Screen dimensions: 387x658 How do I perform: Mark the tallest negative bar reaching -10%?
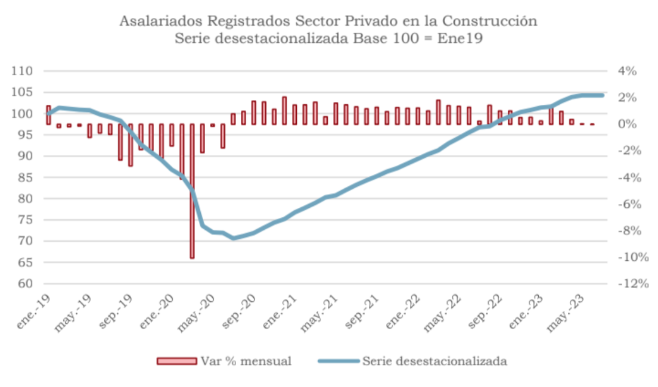pos(192,191)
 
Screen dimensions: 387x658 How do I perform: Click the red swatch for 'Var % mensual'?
pos(176,361)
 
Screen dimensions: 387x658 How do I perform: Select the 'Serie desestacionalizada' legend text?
pos(434,361)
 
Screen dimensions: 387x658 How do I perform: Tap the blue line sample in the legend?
pos(338,361)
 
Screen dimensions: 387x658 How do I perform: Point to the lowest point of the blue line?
pos(233,238)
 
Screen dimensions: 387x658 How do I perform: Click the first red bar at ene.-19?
pos(48,115)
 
